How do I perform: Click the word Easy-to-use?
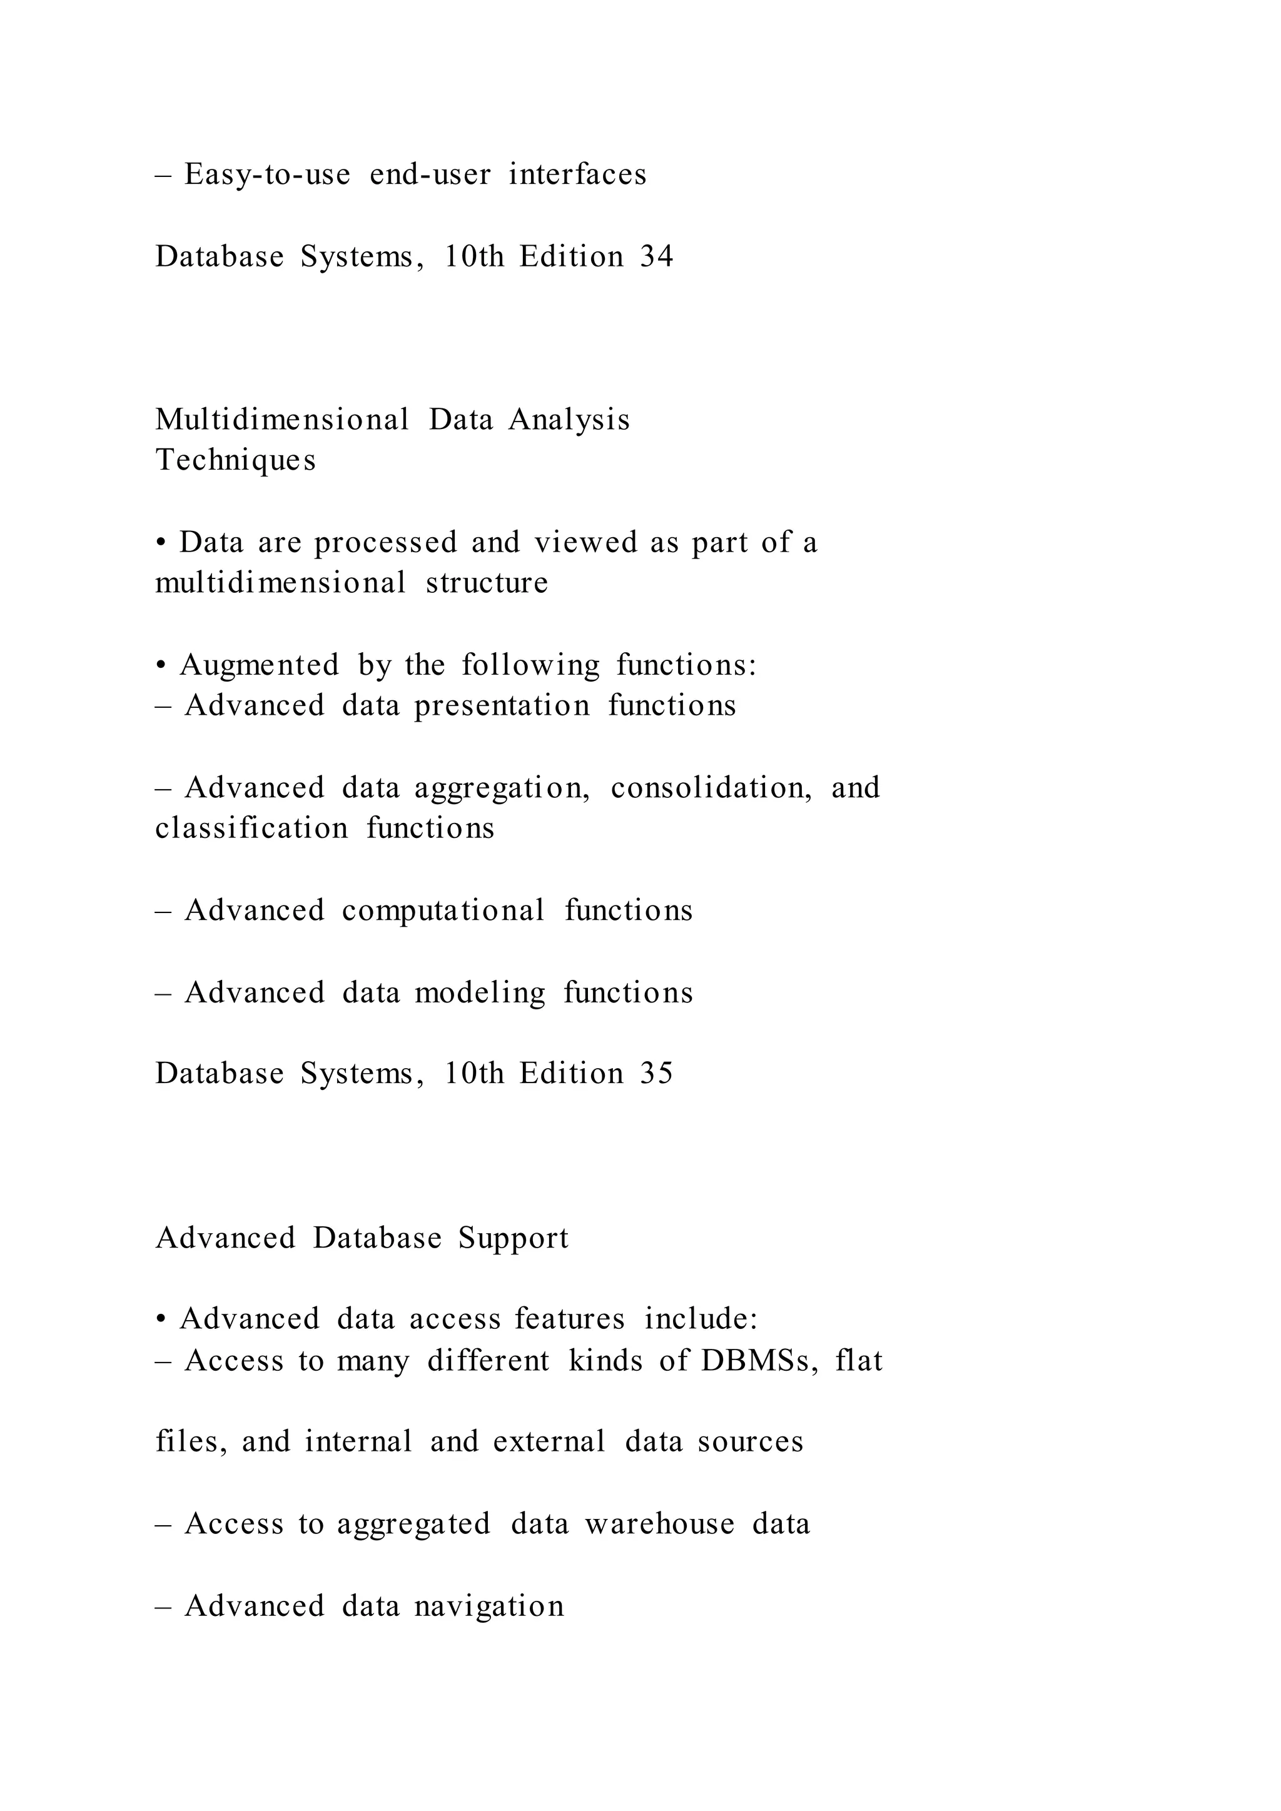pyautogui.click(x=268, y=174)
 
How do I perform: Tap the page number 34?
pyautogui.click(x=656, y=256)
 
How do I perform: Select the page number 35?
pyautogui.click(x=656, y=1074)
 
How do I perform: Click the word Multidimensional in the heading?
pyautogui.click(x=281, y=419)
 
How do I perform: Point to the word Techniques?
pyautogui.click(x=235, y=460)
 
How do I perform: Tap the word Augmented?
pyautogui.click(x=260, y=665)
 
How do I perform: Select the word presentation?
pyautogui.click(x=502, y=705)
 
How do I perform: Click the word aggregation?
pyautogui.click(x=502, y=788)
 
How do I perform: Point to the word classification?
pyautogui.click(x=251, y=828)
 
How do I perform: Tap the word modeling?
pyautogui.click(x=480, y=993)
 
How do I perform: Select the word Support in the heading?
pyautogui.click(x=513, y=1238)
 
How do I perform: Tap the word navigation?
pyautogui.click(x=489, y=1606)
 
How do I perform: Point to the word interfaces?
pyautogui.click(x=577, y=174)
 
